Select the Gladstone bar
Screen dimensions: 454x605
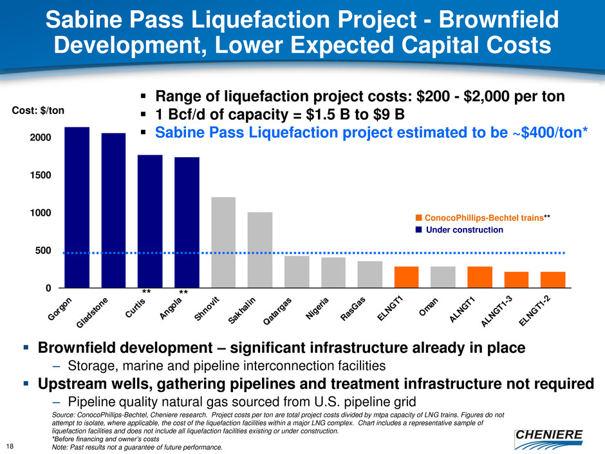pyautogui.click(x=113, y=210)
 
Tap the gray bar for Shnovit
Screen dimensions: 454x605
pyautogui.click(x=223, y=242)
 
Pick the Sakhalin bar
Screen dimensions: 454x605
pyautogui.click(x=260, y=250)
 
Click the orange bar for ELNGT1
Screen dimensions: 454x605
pyautogui.click(x=406, y=277)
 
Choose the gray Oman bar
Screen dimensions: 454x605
pyautogui.click(x=443, y=277)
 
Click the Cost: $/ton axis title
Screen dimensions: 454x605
pyautogui.click(x=39, y=110)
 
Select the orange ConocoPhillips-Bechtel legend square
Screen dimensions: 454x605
pyautogui.click(x=418, y=218)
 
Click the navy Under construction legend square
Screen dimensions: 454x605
pyautogui.click(x=418, y=230)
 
